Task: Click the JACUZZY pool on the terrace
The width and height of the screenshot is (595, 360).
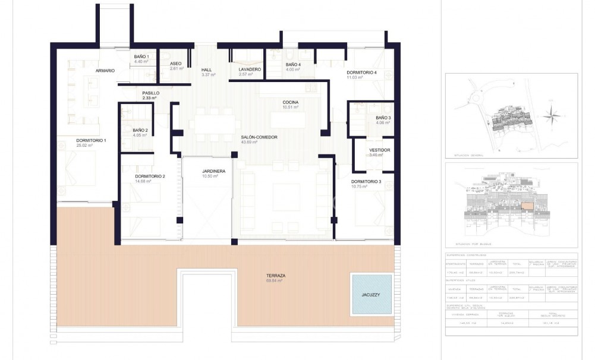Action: click(372, 294)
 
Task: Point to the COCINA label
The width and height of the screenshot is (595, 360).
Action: click(291, 102)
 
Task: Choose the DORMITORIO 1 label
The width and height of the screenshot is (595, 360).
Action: click(91, 140)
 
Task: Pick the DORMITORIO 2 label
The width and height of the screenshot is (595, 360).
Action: click(150, 176)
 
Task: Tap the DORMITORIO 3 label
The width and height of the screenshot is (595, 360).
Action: click(366, 181)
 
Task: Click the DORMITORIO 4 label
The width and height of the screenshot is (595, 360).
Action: click(361, 73)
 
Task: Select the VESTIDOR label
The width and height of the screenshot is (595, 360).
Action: click(379, 150)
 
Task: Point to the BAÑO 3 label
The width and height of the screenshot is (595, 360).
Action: click(383, 118)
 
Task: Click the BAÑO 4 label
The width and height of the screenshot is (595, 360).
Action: click(293, 64)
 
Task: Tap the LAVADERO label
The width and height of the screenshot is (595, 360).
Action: click(250, 70)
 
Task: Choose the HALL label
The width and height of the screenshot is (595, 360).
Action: click(207, 70)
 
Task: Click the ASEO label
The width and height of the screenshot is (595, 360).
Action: click(175, 64)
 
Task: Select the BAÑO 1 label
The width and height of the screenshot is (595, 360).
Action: click(141, 56)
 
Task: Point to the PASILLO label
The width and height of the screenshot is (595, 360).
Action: click(150, 93)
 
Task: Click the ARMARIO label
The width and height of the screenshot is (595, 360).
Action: click(105, 71)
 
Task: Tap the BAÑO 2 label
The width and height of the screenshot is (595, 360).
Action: click(140, 130)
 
